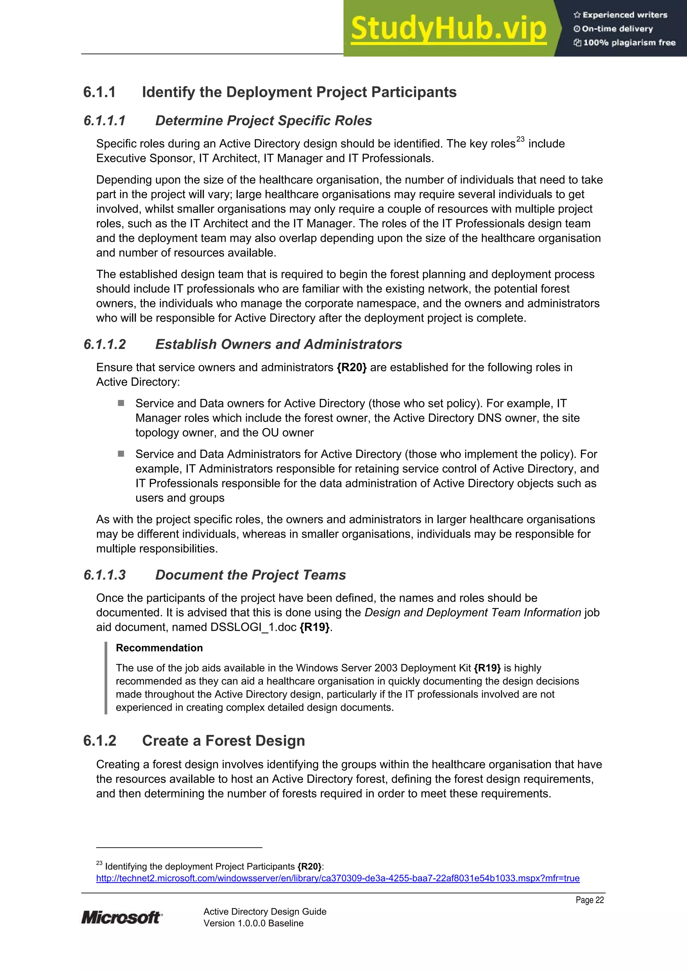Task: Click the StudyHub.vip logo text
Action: click(448, 29)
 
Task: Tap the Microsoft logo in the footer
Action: click(121, 917)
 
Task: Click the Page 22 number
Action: click(589, 900)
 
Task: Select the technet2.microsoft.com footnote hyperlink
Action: click(337, 878)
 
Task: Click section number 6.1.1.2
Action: click(105, 344)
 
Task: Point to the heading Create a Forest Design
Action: click(223, 740)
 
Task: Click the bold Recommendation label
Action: click(159, 648)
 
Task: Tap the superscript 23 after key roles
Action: click(520, 139)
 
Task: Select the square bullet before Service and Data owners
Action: click(121, 403)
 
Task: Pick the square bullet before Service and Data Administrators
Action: click(121, 454)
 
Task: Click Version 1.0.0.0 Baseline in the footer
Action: click(253, 923)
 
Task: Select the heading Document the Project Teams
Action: click(250, 575)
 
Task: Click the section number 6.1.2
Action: click(100, 740)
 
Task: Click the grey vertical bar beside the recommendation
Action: click(106, 678)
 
